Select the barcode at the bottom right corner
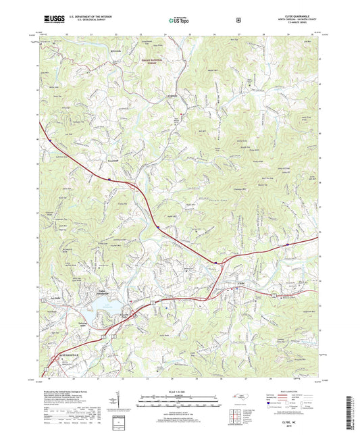tap(349, 410)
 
